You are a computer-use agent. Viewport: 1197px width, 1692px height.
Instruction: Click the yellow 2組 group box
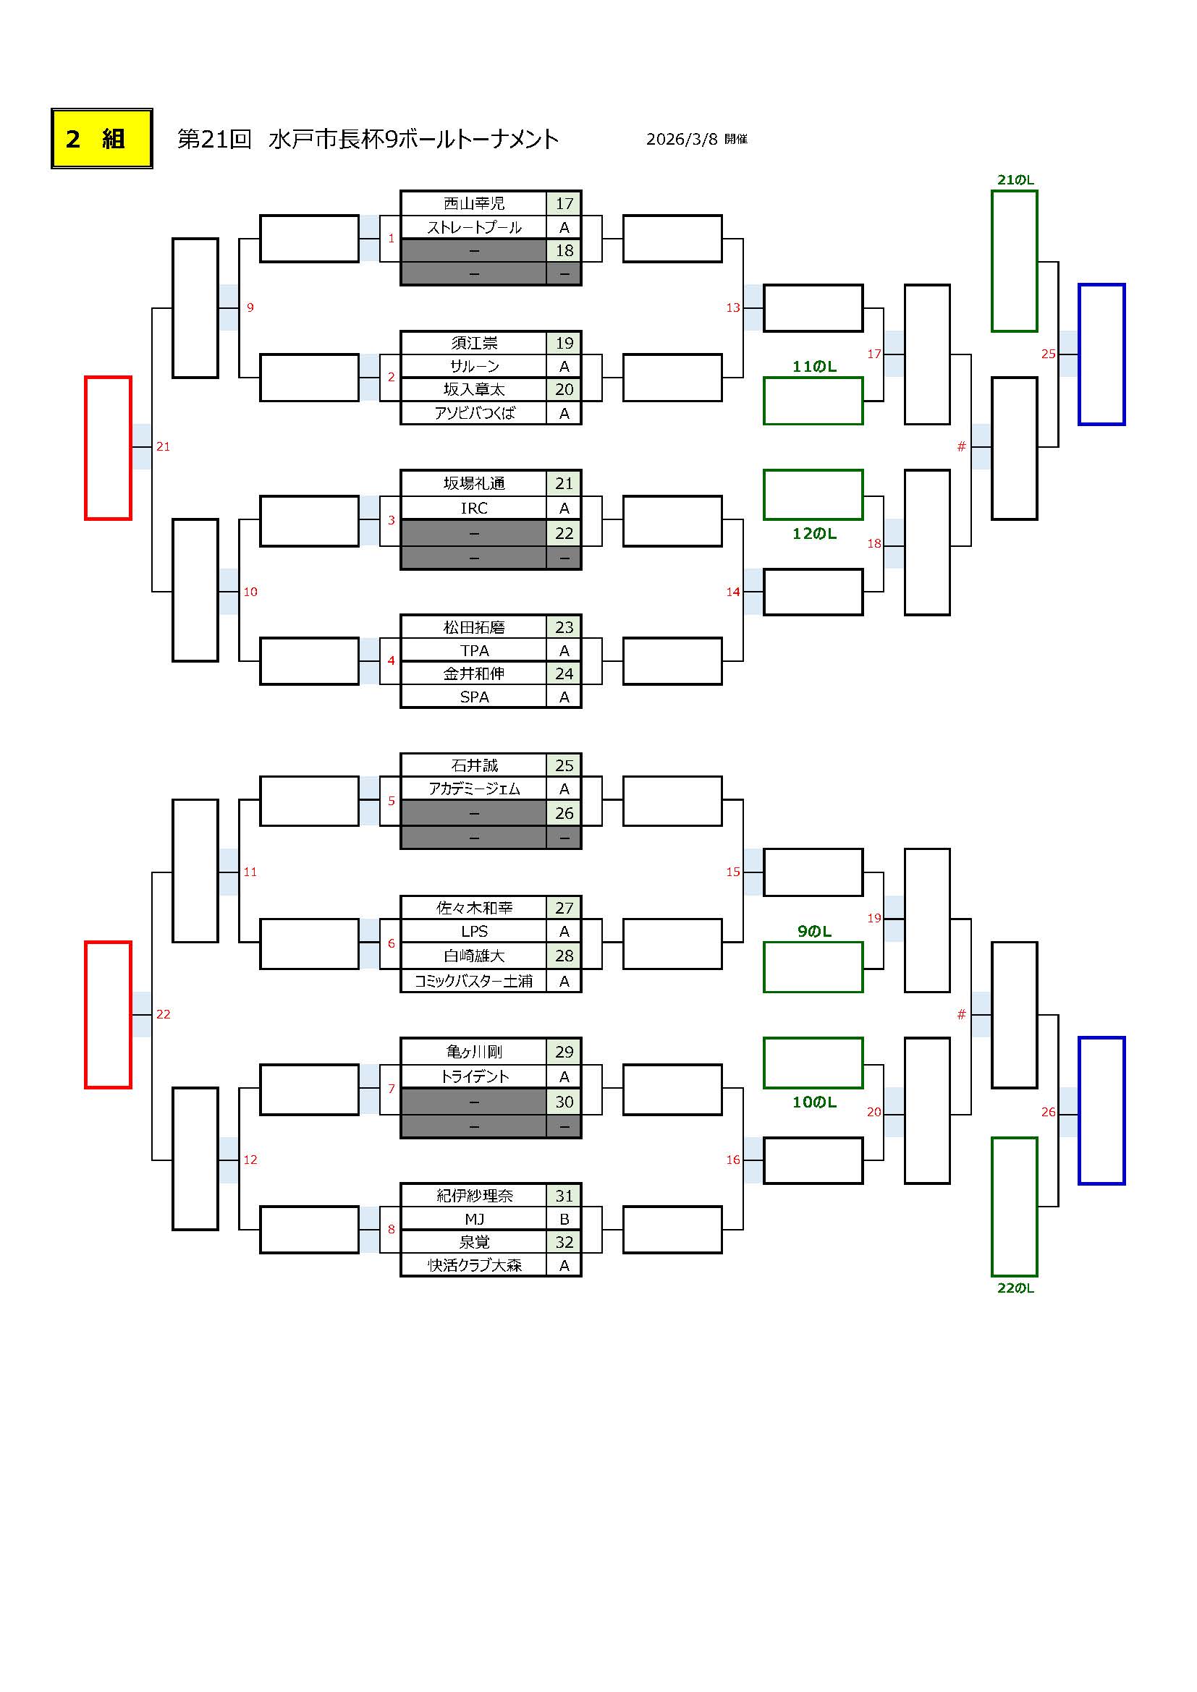(102, 139)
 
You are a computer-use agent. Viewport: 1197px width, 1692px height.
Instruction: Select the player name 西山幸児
(474, 203)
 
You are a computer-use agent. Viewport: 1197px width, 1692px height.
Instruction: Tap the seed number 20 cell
(564, 390)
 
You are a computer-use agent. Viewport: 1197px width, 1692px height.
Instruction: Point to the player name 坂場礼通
(474, 483)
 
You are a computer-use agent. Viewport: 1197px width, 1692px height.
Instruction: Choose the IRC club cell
(474, 508)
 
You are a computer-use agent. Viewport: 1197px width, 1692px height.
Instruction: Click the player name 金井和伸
(474, 673)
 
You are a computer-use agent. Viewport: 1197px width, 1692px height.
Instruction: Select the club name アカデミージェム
(474, 789)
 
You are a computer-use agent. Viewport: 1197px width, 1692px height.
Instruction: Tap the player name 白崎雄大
(474, 956)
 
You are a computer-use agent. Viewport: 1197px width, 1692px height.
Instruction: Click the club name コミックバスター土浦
(474, 981)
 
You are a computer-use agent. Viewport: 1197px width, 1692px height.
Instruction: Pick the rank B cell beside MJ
(564, 1219)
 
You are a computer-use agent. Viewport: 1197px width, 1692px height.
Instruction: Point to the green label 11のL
(813, 366)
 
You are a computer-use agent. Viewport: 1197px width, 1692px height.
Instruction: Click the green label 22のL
(1015, 1288)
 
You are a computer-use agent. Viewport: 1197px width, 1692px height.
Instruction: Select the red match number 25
(1048, 354)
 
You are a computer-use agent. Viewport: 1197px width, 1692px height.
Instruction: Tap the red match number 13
(732, 307)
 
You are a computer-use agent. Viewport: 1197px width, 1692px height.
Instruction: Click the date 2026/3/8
(682, 140)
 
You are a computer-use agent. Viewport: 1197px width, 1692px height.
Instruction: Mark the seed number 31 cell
(564, 1195)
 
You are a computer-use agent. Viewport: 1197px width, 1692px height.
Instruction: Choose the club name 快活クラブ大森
(474, 1265)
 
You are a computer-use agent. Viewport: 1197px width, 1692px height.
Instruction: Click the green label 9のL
(813, 932)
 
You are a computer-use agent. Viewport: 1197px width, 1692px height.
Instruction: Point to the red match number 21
(163, 446)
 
